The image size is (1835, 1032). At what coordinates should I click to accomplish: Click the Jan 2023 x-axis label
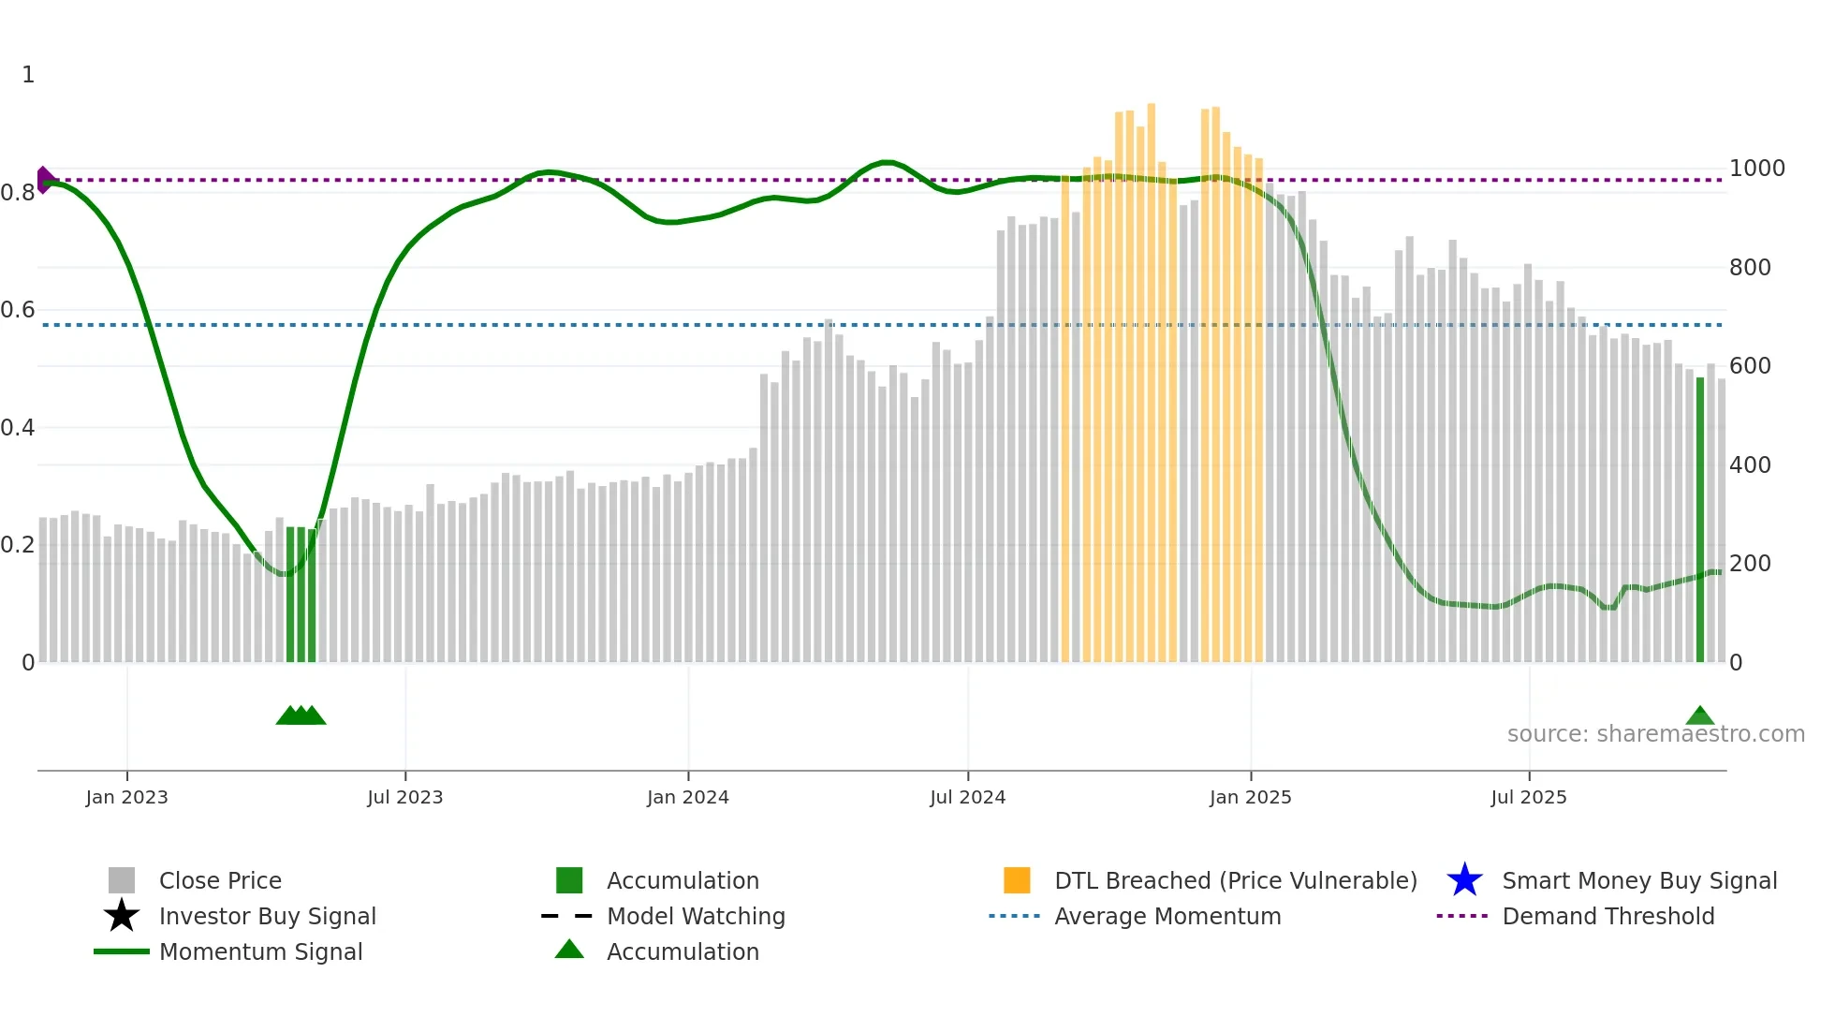click(126, 797)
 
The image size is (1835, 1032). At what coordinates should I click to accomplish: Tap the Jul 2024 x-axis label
click(967, 797)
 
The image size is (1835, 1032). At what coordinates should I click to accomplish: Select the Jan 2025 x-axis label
click(1250, 797)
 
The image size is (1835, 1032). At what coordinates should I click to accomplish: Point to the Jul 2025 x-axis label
click(1528, 797)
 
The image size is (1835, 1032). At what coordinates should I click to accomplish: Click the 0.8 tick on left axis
click(18, 193)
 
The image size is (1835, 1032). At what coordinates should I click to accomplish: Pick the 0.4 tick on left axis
click(18, 428)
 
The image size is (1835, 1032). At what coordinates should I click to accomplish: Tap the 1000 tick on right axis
click(1756, 169)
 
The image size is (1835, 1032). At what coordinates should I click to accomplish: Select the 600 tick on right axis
click(1750, 366)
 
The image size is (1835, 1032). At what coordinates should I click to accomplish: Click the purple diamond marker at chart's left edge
click(44, 180)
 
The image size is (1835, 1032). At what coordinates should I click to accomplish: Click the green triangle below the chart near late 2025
click(1699, 716)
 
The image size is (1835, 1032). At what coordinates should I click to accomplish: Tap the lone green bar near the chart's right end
click(1700, 520)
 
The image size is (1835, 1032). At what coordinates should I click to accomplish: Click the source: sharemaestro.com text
click(1655, 734)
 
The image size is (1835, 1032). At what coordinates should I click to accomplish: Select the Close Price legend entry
click(220, 880)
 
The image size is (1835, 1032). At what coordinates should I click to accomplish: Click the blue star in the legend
click(1464, 880)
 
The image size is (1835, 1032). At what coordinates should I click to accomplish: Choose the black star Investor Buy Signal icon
click(122, 916)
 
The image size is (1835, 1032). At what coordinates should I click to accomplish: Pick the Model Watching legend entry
click(695, 916)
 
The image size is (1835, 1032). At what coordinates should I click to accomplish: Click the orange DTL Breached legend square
click(1017, 880)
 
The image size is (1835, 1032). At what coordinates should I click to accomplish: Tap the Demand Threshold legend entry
click(1607, 916)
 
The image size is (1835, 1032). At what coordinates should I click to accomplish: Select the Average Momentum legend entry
click(1167, 916)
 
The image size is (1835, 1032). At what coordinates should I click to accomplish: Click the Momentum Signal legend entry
click(260, 951)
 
